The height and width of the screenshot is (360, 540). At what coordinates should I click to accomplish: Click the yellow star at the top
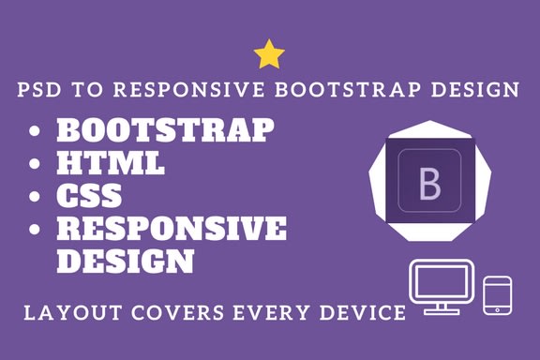[269, 54]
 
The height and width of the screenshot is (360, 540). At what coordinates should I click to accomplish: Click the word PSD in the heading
[40, 91]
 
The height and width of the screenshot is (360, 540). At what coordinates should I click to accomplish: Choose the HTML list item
[112, 163]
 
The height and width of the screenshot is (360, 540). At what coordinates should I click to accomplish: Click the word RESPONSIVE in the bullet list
[172, 229]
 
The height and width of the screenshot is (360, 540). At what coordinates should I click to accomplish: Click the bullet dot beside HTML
[36, 165]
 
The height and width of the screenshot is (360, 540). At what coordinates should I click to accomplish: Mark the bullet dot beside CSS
[36, 198]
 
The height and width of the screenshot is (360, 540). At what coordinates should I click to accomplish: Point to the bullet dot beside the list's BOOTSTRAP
[36, 131]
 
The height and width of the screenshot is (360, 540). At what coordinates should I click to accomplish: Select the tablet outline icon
[496, 294]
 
